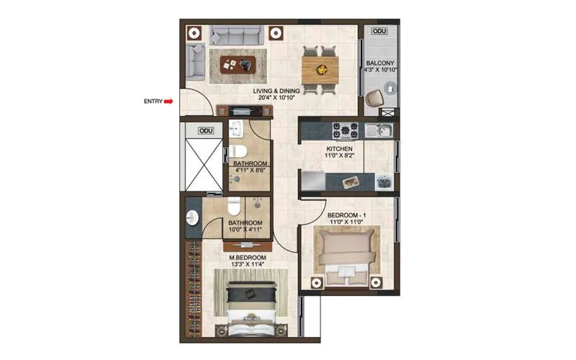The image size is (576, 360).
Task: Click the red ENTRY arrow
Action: [168, 102]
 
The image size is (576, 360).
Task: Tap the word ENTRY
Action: [153, 102]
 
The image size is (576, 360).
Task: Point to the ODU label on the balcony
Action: [379, 32]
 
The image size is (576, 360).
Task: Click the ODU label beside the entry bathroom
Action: [207, 131]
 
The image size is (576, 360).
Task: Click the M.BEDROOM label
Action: [248, 257]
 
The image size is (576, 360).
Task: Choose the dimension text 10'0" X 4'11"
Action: [246, 231]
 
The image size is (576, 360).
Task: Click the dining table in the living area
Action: [319, 68]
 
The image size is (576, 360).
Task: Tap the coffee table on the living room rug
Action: [238, 63]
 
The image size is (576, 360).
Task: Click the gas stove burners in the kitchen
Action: [345, 131]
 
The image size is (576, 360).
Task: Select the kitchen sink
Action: [377, 130]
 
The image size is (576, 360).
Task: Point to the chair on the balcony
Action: [374, 98]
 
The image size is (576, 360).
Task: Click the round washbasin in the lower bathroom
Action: [192, 219]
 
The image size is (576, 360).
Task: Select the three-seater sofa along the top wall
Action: [234, 35]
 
